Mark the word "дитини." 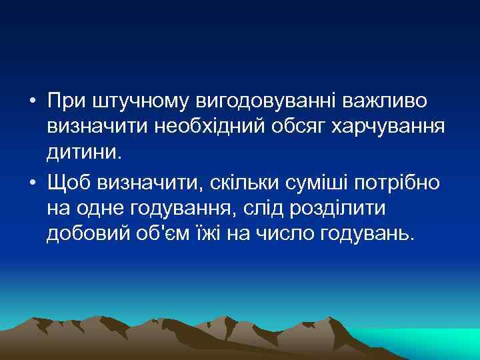click(x=85, y=153)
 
